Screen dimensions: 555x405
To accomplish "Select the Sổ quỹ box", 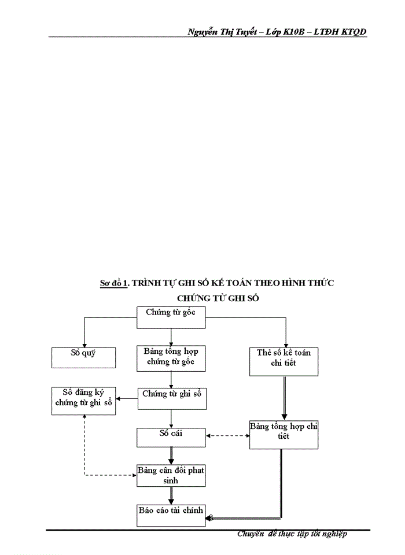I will pyautogui.click(x=84, y=357).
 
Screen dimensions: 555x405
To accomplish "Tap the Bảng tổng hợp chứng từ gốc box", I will pyautogui.click(x=171, y=358).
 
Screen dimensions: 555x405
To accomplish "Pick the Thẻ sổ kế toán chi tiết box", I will pyautogui.click(x=284, y=361).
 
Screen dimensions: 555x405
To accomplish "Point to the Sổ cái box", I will pyautogui.click(x=171, y=437).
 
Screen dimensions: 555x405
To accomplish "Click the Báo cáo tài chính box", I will pyautogui.click(x=171, y=515).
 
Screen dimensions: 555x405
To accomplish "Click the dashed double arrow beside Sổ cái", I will pyautogui.click(x=228, y=436).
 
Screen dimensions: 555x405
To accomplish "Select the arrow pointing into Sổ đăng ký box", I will pyautogui.click(x=127, y=398).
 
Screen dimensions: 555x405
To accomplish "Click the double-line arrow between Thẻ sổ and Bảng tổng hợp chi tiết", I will pyautogui.click(x=284, y=398).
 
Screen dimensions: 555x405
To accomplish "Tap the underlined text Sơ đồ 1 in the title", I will pyautogui.click(x=113, y=283).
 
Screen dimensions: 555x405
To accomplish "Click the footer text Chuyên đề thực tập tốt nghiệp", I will pyautogui.click(x=292, y=534).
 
